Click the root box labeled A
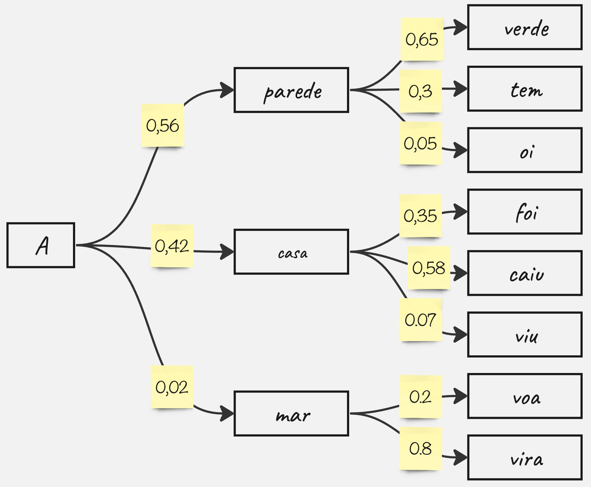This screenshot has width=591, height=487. (x=41, y=245)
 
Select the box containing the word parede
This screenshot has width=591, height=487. (x=291, y=90)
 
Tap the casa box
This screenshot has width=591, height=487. (x=291, y=252)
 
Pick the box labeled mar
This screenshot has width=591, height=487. (x=291, y=414)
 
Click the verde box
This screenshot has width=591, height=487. (x=525, y=27)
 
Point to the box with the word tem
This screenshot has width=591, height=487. (x=525, y=89)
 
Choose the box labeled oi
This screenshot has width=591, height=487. (x=525, y=150)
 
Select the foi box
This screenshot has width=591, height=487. (x=525, y=212)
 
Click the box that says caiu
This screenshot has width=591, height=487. (x=525, y=273)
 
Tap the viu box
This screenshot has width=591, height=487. (x=525, y=335)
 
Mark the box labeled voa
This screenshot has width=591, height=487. (x=525, y=396)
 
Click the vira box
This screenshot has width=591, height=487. (x=525, y=457)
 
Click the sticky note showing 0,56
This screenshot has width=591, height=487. (x=163, y=125)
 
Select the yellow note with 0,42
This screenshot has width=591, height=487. (x=172, y=246)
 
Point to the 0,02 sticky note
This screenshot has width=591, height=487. (x=172, y=387)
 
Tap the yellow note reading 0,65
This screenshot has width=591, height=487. (x=422, y=39)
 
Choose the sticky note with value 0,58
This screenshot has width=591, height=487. (x=429, y=268)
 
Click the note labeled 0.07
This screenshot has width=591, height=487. (x=420, y=319)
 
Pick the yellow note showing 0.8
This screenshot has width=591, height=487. (x=420, y=448)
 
